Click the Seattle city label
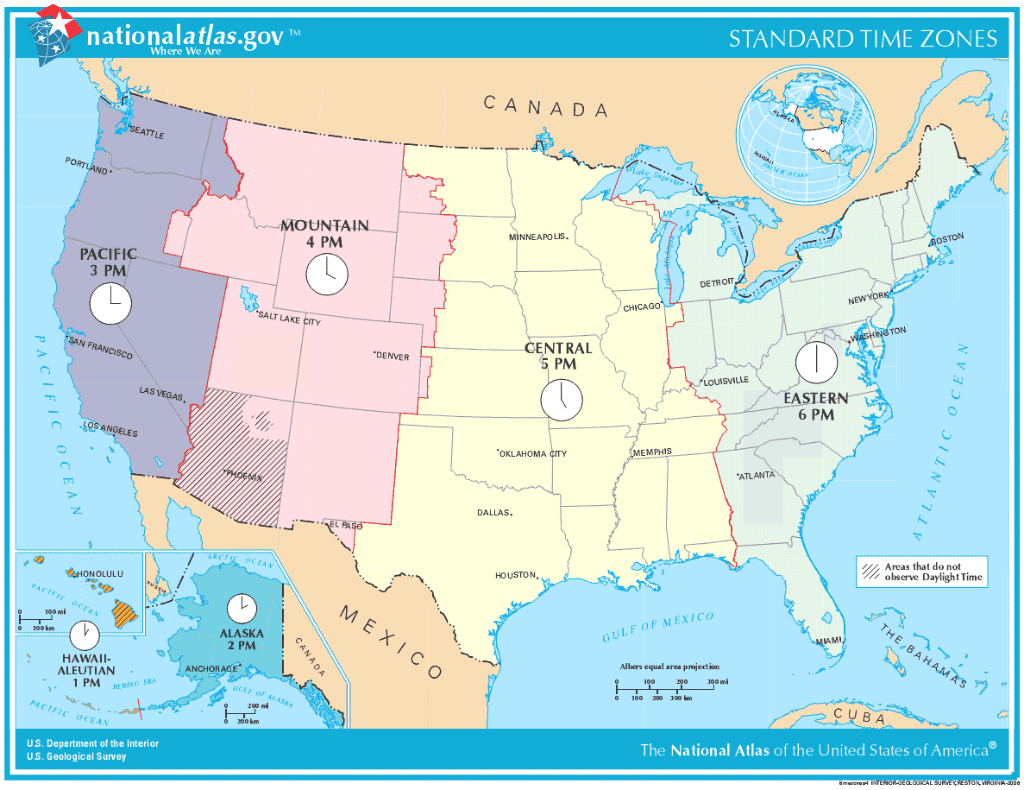click(146, 133)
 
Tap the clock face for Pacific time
click(110, 304)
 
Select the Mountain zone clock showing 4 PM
click(326, 275)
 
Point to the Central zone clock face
click(562, 400)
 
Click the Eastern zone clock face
click(816, 362)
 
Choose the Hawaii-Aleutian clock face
click(85, 636)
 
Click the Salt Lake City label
click(289, 320)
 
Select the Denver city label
click(392, 356)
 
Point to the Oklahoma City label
click(533, 453)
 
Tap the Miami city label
click(828, 640)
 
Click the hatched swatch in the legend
click(869, 572)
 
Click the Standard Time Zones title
click(863, 39)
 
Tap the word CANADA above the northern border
click(545, 107)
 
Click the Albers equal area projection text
click(669, 667)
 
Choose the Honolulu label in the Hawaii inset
click(100, 573)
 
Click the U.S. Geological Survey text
click(76, 756)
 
